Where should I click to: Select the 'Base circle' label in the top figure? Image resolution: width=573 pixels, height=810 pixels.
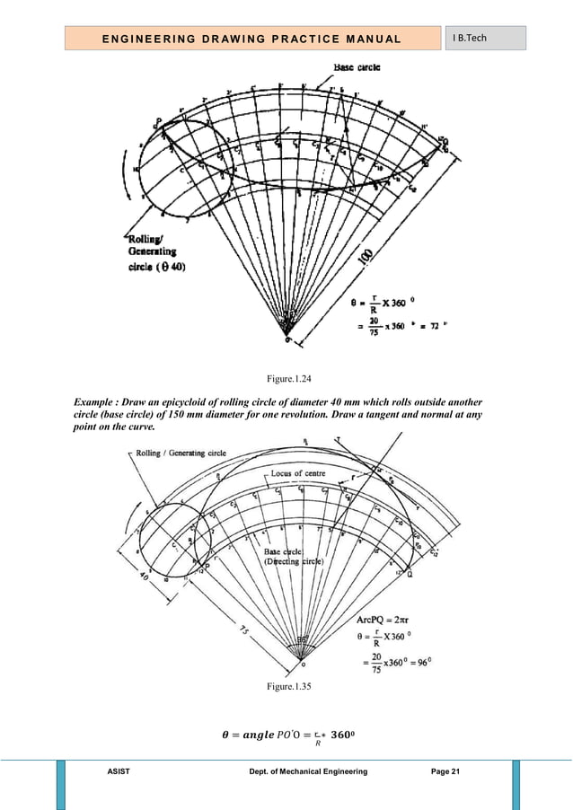pos(356,67)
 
